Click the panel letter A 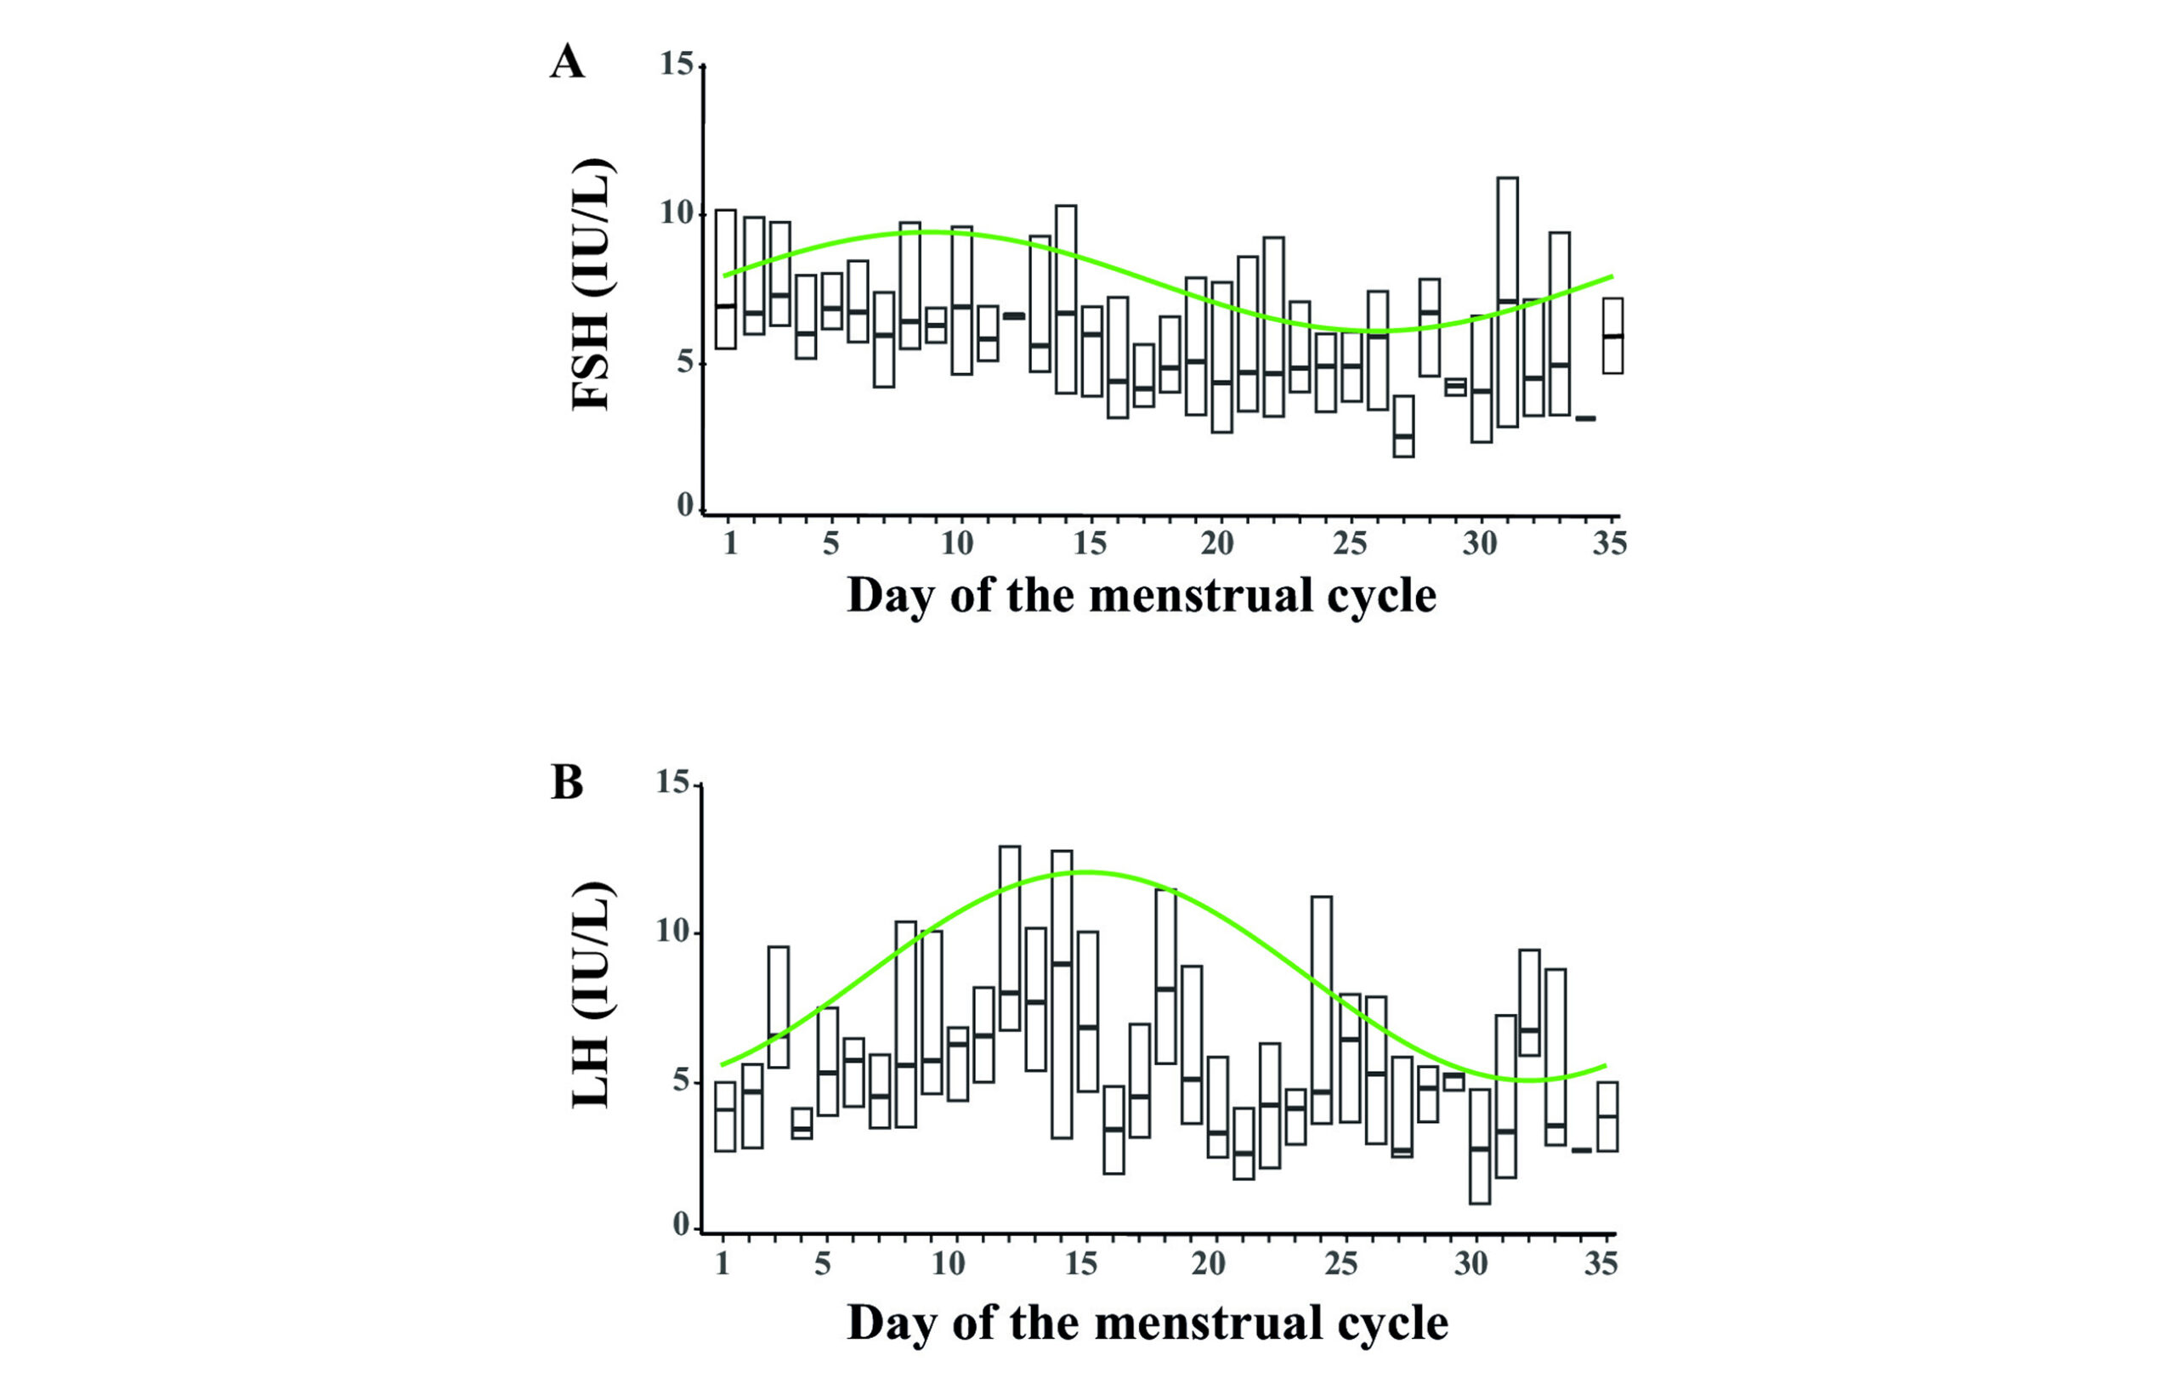(x=568, y=62)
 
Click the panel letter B (x=567, y=783)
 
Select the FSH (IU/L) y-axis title (x=593, y=285)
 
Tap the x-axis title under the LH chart (x=1147, y=1323)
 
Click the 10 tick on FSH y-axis (x=677, y=214)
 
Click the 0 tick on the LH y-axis (x=683, y=1226)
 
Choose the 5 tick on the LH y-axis (x=683, y=1082)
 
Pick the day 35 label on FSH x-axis (x=1609, y=543)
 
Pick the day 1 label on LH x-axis (x=722, y=1263)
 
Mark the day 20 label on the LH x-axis (x=1208, y=1263)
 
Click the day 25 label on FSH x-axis (x=1350, y=543)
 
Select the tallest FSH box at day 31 (x=1507, y=302)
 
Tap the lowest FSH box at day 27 (x=1403, y=427)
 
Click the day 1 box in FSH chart (x=726, y=280)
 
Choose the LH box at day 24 (x=1321, y=1009)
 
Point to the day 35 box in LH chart (x=1606, y=1116)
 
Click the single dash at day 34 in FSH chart (x=1585, y=418)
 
